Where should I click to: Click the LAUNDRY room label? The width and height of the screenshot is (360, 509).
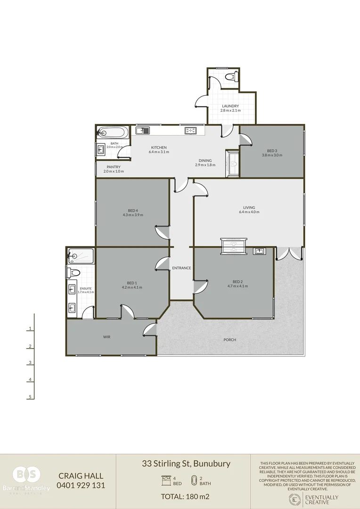point(230,106)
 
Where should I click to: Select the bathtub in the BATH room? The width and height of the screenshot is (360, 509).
point(112,131)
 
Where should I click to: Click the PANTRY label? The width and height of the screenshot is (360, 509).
point(114,167)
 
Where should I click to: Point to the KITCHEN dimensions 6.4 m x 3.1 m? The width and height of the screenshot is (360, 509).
point(158,152)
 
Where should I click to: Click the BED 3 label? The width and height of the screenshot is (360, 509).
point(272,150)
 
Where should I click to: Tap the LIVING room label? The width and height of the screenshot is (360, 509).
point(249,207)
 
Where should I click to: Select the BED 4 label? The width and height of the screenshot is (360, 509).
point(132,210)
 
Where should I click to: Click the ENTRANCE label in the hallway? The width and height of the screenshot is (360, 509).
point(181,268)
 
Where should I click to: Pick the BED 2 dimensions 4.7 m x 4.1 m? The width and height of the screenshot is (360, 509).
point(237,286)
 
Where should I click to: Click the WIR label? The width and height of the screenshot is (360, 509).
point(106,337)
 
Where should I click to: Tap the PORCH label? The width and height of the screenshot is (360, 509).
point(230,340)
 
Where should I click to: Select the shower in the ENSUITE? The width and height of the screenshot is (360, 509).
point(81,256)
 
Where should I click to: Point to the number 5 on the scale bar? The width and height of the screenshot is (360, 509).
point(30,397)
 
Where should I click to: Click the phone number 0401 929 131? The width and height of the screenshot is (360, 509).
point(81,485)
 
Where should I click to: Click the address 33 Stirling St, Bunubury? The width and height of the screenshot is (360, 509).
point(186,463)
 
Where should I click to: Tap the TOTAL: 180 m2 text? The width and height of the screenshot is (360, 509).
point(185,496)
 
